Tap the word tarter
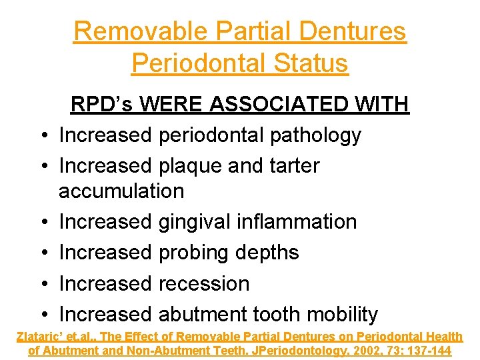[x=289, y=166]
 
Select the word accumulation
[x=121, y=191]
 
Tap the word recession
[x=203, y=283]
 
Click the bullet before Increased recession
[x=42, y=284]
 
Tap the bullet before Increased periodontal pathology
[x=42, y=136]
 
